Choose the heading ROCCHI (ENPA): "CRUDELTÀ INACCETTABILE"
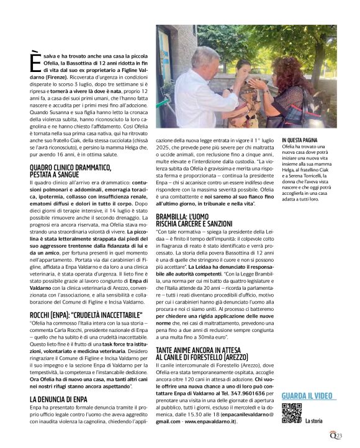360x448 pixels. pyautogui.click(x=84, y=315)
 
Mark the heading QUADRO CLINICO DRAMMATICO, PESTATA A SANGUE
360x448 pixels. pyautogui.click(x=72, y=171)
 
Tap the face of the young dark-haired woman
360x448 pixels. pyautogui.click(x=246, y=66)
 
